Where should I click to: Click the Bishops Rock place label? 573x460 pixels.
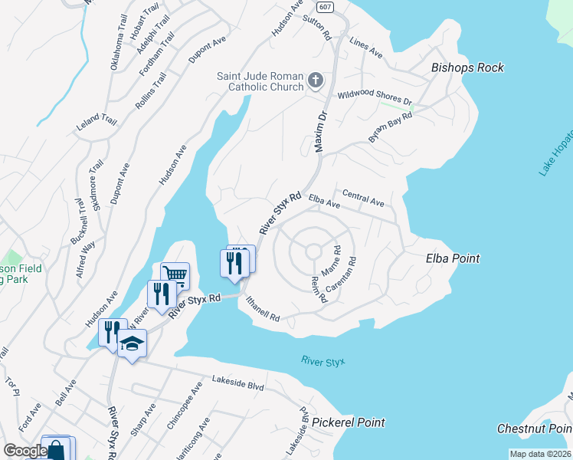tap(467, 67)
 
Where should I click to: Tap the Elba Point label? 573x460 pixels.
tap(453, 258)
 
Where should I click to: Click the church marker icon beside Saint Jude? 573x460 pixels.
tap(315, 80)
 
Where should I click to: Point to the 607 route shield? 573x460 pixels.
tap(326, 8)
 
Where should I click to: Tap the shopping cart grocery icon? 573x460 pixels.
tap(175, 274)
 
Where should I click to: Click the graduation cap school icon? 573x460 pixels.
tap(132, 343)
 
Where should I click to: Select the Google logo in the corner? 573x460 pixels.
tap(25, 451)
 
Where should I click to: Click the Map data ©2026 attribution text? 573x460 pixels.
tap(540, 454)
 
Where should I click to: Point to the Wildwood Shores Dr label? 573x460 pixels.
tap(375, 99)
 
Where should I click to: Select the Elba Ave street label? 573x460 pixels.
tap(324, 201)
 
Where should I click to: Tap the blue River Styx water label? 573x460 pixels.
tap(323, 360)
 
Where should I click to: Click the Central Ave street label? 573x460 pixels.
tap(363, 198)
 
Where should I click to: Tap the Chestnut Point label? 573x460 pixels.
tap(534, 428)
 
